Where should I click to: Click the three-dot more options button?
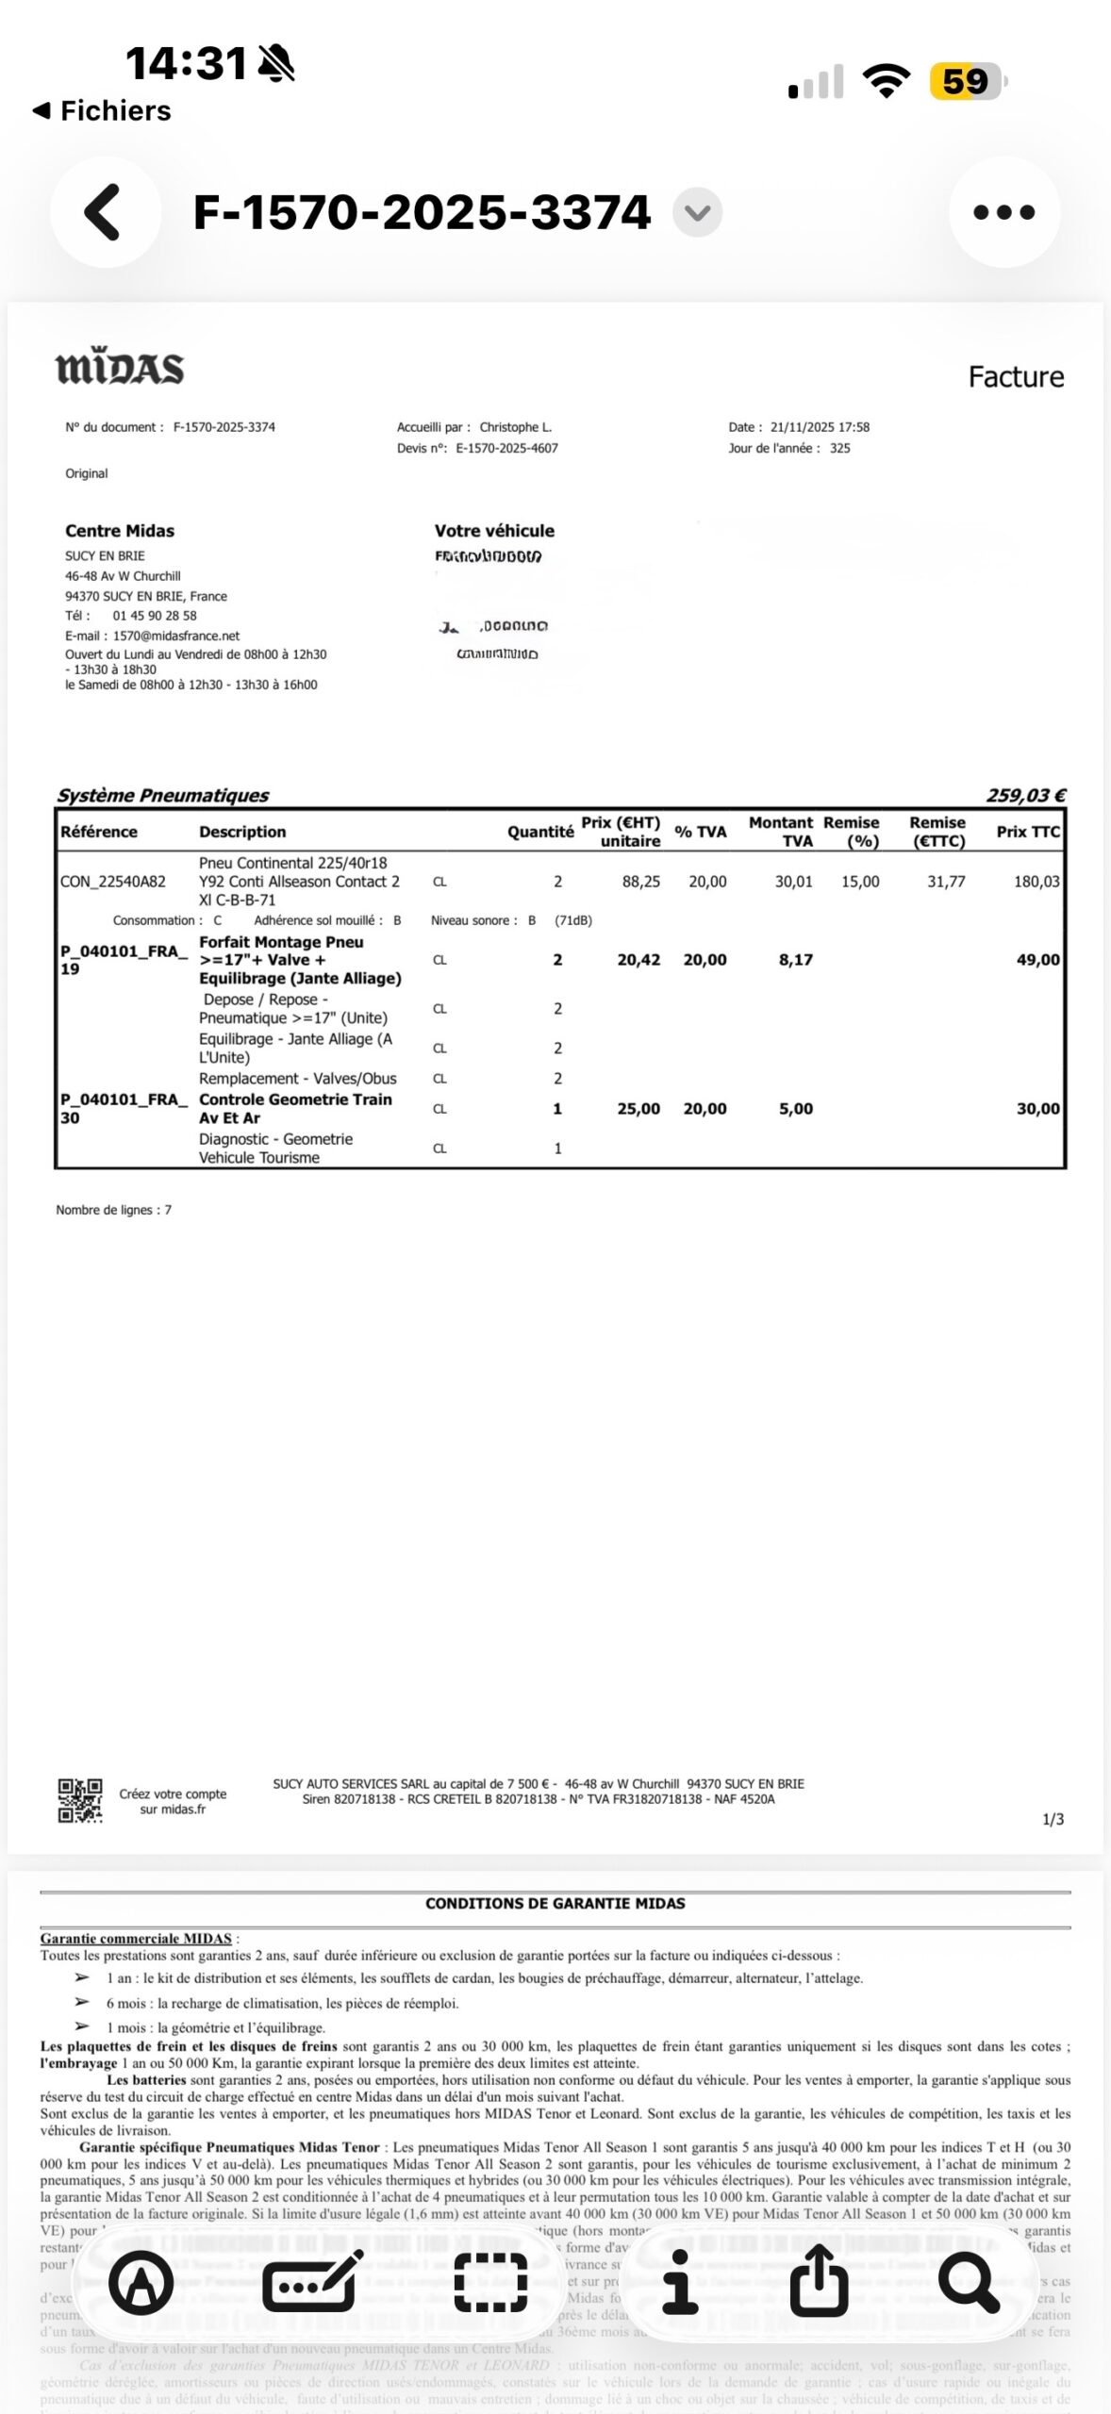(x=1003, y=212)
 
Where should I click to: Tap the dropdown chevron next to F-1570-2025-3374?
(x=697, y=212)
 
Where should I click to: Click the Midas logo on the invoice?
(x=120, y=368)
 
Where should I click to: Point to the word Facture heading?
(x=1016, y=377)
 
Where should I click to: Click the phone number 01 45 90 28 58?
(x=155, y=616)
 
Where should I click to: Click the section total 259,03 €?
(x=1025, y=795)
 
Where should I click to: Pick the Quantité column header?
(x=540, y=832)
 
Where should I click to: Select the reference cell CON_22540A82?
(x=113, y=882)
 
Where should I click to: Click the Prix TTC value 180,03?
(x=1036, y=882)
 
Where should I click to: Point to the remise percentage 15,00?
(x=860, y=882)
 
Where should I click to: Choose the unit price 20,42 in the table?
(x=638, y=960)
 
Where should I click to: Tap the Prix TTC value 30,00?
(x=1037, y=1109)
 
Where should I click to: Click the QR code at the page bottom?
(x=80, y=1800)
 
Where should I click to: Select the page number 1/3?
(x=1053, y=1819)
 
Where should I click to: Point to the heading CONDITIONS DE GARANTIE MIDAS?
(x=555, y=1903)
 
